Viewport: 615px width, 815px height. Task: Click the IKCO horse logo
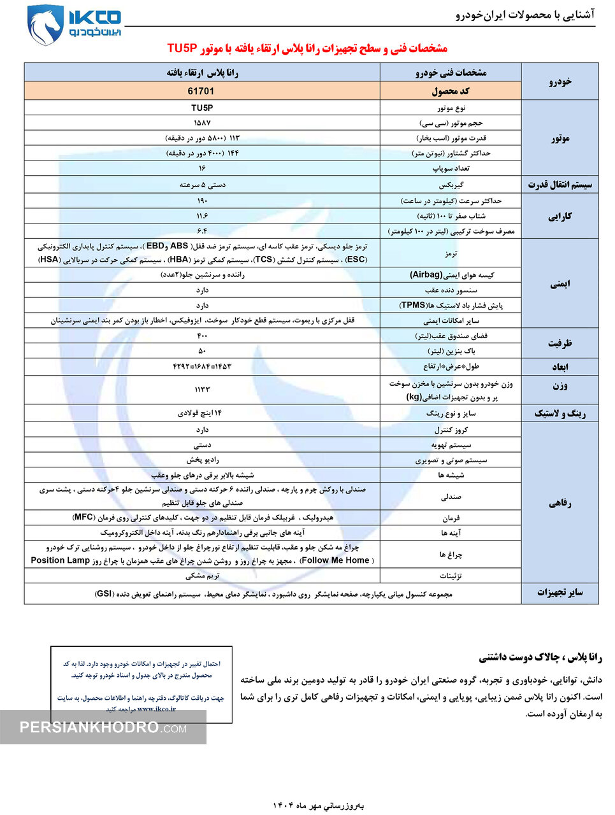point(45,25)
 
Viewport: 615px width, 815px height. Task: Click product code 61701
point(201,91)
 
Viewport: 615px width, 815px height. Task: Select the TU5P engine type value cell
point(201,108)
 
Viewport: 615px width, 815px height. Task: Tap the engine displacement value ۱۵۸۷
point(202,123)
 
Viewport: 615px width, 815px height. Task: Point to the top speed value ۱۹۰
point(202,201)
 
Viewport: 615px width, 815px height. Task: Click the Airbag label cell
point(451,275)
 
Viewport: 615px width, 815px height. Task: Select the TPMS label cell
point(451,306)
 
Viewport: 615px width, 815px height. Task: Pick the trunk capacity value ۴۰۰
point(202,336)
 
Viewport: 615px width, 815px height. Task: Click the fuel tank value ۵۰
point(202,351)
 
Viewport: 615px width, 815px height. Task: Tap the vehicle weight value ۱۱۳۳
point(202,389)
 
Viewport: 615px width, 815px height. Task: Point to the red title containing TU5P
point(307,48)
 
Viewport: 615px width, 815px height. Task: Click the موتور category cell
point(560,138)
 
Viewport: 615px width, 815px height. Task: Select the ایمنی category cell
point(560,283)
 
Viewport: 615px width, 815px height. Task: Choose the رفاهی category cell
point(560,503)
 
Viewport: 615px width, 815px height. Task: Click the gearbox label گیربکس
point(451,185)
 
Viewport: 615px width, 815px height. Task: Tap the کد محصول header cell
point(451,91)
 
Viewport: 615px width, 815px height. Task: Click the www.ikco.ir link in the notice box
point(156,709)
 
